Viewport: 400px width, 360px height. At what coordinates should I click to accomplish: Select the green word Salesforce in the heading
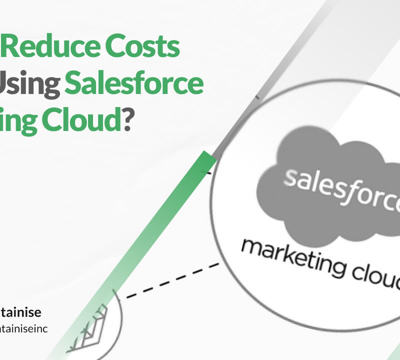tap(133, 84)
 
